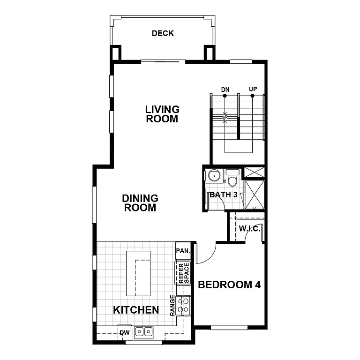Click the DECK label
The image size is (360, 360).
163,33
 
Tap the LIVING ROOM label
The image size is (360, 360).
162,114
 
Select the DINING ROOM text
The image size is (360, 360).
140,203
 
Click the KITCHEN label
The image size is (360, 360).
136,310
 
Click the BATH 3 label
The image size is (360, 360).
223,194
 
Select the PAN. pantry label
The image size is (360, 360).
183,251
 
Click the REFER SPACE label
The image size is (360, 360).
183,273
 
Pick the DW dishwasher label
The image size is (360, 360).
124,333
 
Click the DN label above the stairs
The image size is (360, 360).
225,89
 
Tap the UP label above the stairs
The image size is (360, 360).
253,89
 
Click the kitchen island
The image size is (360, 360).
138,273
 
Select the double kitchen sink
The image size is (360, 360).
143,332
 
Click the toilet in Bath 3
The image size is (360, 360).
232,178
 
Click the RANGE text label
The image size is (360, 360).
173,305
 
